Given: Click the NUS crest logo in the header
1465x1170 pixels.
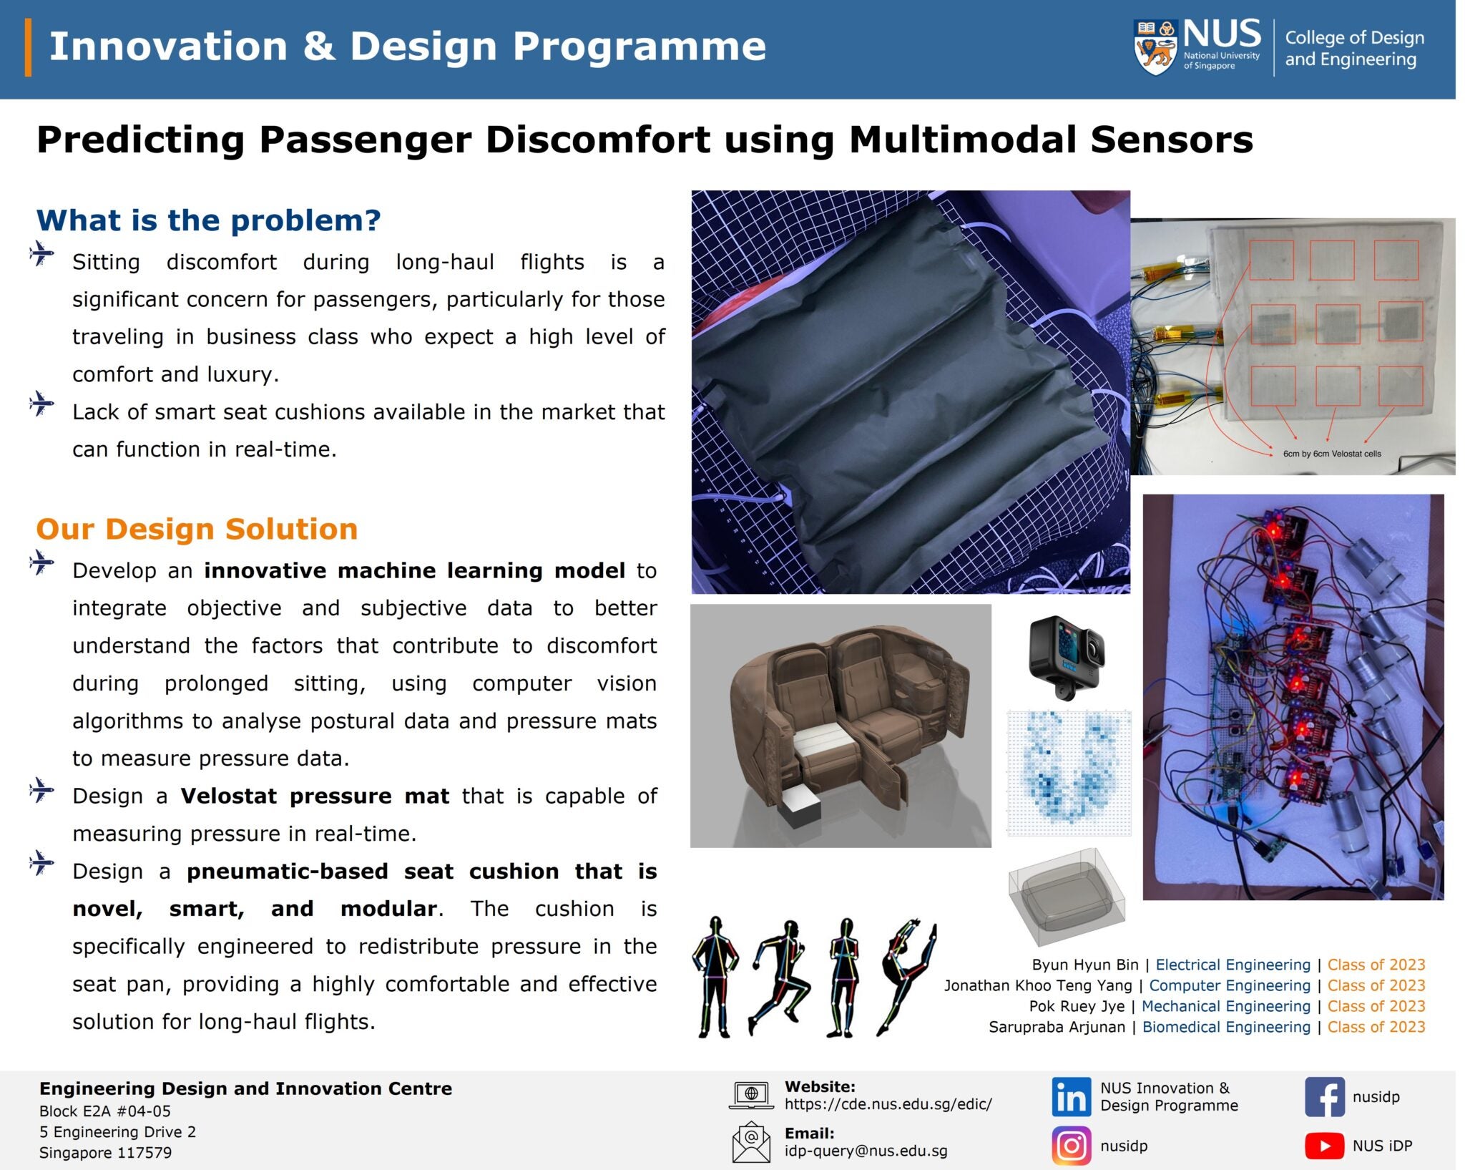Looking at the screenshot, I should click(1155, 47).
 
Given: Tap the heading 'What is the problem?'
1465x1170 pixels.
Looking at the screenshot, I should click(208, 220).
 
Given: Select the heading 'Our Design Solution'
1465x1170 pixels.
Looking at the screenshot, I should click(197, 530).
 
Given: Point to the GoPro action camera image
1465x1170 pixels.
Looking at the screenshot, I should click(1066, 656).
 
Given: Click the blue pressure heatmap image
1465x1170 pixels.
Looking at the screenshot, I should click(1069, 773).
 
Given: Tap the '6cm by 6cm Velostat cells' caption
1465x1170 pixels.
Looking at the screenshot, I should click(1331, 454).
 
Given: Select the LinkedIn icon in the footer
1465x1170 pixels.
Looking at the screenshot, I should click(1071, 1096).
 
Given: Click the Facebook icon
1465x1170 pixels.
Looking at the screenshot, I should click(1324, 1096).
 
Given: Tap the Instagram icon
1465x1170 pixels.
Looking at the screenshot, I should click(1071, 1146).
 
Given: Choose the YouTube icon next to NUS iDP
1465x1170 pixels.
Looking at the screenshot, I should click(1324, 1146).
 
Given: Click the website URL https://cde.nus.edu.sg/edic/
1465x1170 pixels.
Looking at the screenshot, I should click(888, 1104).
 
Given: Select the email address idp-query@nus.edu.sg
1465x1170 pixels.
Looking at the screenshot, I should click(866, 1151).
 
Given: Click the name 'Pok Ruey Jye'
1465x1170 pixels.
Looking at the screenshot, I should click(1076, 1006).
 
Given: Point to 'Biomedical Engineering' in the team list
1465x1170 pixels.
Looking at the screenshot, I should click(1226, 1027).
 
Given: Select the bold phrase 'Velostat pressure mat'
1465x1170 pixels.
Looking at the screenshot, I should click(315, 796).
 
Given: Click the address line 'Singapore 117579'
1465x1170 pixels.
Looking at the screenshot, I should click(105, 1153).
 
